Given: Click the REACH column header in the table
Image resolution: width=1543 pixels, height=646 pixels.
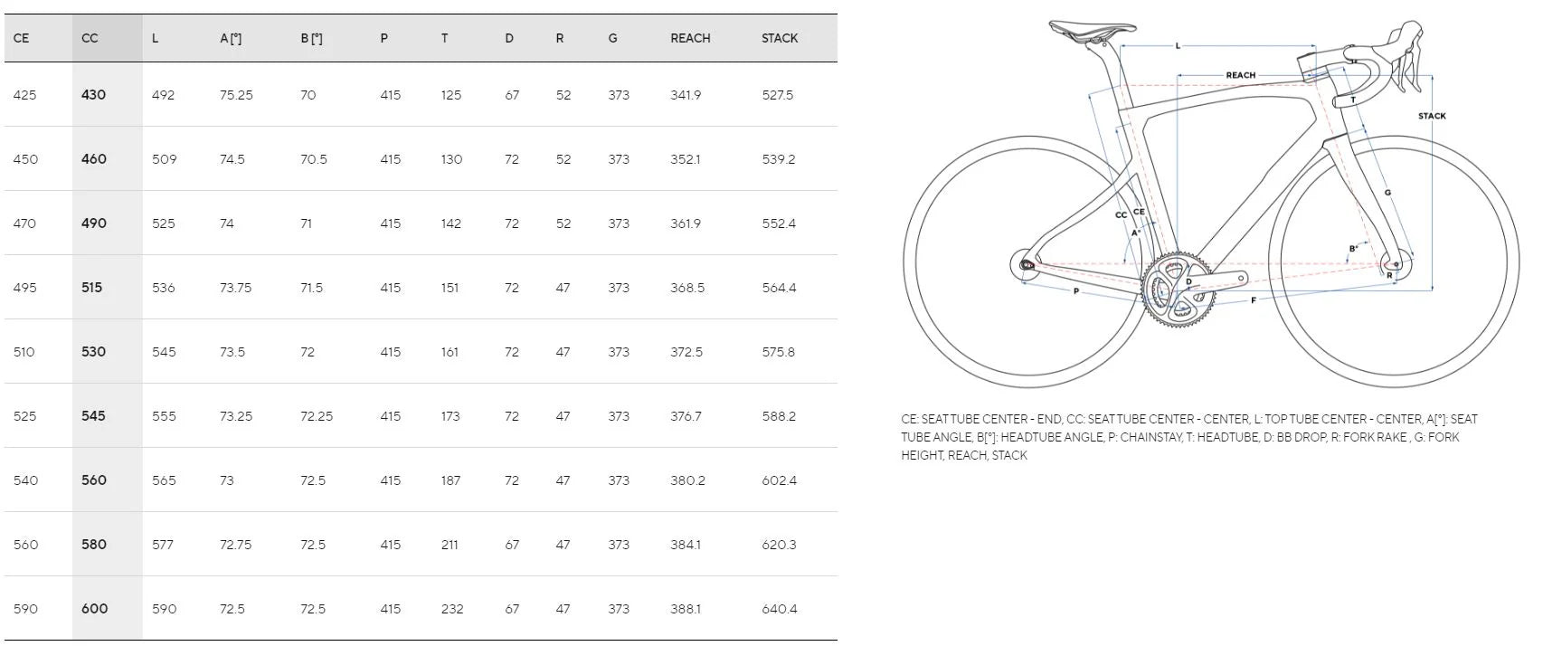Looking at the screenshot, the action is (690, 39).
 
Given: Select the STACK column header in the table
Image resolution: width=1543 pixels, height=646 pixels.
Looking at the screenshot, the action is (779, 39).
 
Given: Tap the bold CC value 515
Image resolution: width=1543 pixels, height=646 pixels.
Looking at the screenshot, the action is (91, 288).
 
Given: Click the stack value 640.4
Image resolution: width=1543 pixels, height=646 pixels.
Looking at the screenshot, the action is (779, 609).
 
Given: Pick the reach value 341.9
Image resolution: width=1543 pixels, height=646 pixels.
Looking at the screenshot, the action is (686, 95).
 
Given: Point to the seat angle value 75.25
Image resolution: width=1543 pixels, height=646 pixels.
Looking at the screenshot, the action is (236, 95).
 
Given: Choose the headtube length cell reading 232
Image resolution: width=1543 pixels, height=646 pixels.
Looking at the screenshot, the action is (452, 609).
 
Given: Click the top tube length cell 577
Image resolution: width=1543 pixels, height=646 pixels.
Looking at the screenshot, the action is (164, 545).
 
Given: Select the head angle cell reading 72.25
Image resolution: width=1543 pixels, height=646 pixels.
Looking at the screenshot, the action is (317, 416).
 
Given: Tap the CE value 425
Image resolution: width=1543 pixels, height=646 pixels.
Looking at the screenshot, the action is (24, 95).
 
